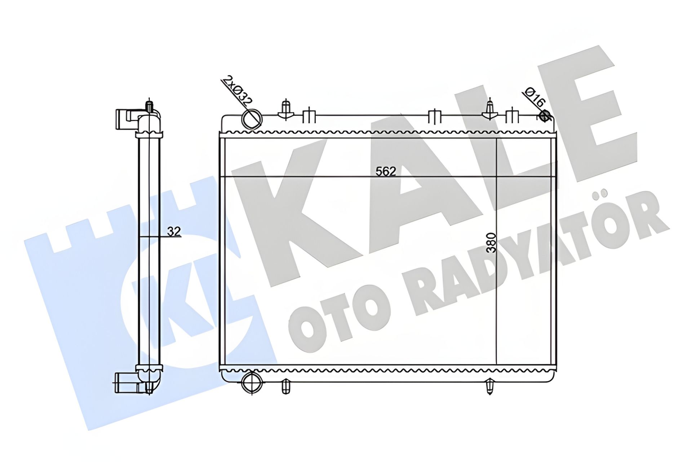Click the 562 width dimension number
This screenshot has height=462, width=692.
click(386, 171)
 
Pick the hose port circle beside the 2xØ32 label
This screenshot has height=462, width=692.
click(252, 118)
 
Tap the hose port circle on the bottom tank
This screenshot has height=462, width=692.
click(252, 384)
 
